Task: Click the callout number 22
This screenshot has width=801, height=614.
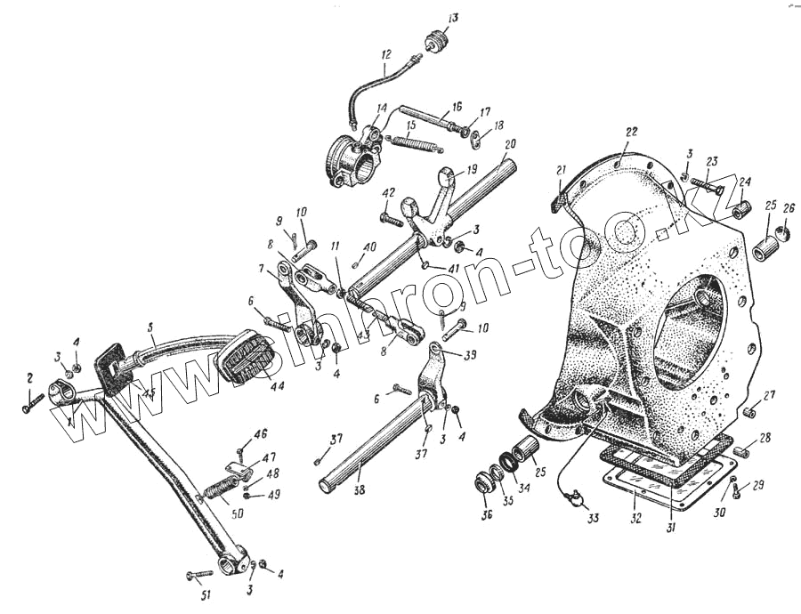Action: click(x=631, y=132)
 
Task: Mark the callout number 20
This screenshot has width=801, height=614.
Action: click(x=509, y=143)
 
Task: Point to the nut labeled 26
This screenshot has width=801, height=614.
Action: click(x=782, y=234)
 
